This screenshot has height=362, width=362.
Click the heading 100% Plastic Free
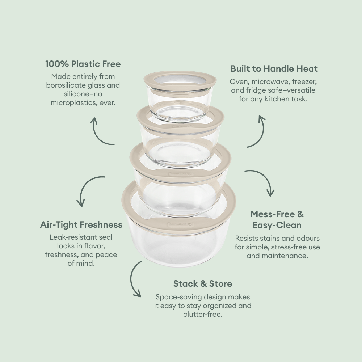click(83, 64)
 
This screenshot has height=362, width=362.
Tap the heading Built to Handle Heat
click(274, 68)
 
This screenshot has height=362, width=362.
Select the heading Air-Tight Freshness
click(81, 224)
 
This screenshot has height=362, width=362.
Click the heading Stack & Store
click(202, 283)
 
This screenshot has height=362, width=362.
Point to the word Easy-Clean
click(277, 225)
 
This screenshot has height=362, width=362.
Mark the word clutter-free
click(202, 314)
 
